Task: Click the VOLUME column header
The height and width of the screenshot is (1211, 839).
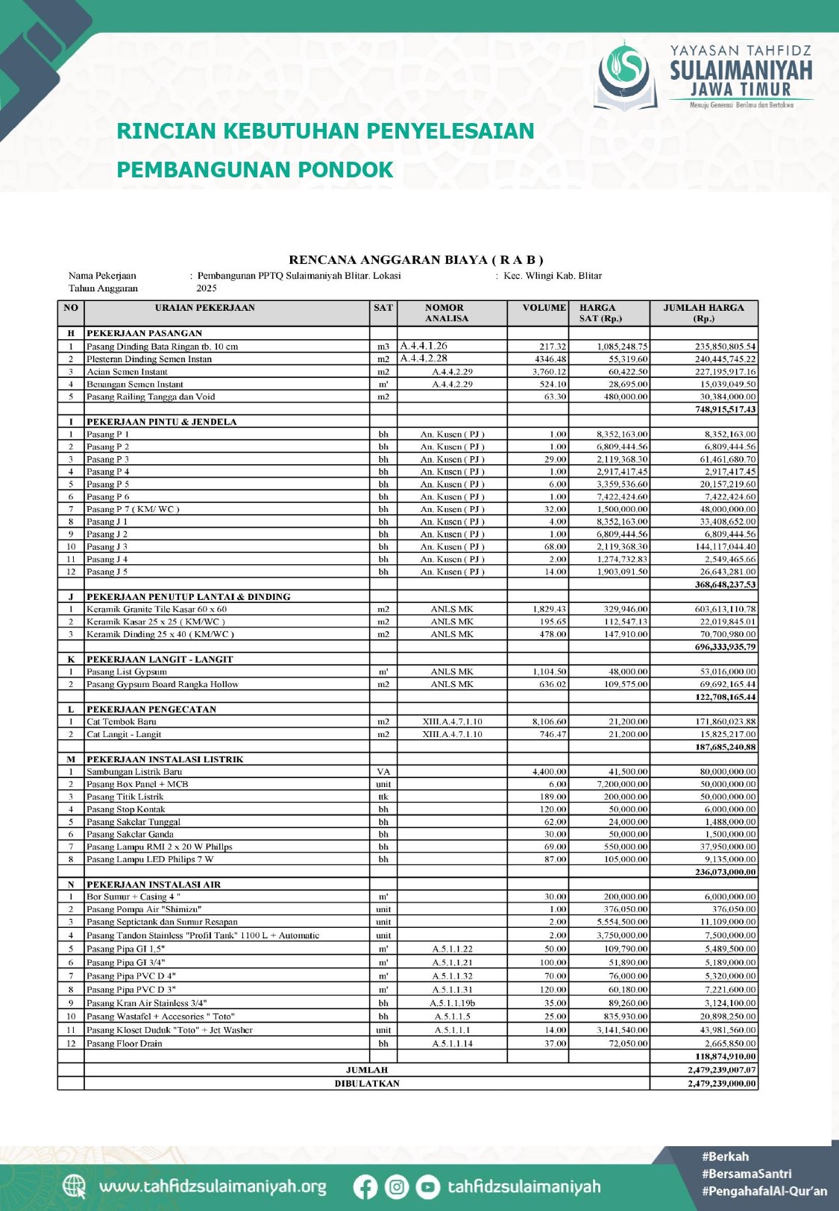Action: click(544, 308)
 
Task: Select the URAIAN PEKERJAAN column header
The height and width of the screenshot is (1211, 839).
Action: click(205, 308)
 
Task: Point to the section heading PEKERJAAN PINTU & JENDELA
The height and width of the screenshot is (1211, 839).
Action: click(161, 422)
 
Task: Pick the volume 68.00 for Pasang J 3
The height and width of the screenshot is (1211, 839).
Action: click(555, 546)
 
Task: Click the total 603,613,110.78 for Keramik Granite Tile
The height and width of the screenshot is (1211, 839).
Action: click(718, 609)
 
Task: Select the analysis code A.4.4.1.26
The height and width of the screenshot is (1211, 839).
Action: click(424, 346)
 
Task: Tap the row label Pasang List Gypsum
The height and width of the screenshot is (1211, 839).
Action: click(127, 671)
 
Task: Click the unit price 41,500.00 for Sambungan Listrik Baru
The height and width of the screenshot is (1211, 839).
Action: click(626, 771)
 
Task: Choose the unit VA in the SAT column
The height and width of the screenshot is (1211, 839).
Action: click(383, 771)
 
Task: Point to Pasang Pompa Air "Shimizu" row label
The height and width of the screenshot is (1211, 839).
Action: click(144, 909)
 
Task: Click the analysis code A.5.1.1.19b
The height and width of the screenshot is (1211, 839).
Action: click(452, 1003)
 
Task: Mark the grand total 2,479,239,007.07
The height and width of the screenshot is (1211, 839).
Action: click(721, 1069)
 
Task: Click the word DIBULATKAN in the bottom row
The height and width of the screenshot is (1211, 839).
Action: click(367, 1083)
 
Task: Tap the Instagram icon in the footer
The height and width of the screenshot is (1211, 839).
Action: click(397, 1186)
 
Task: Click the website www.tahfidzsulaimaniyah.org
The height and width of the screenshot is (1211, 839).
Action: click(213, 1186)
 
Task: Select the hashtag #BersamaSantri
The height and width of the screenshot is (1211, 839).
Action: click(747, 1174)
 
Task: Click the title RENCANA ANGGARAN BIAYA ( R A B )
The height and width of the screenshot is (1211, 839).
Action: click(416, 260)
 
